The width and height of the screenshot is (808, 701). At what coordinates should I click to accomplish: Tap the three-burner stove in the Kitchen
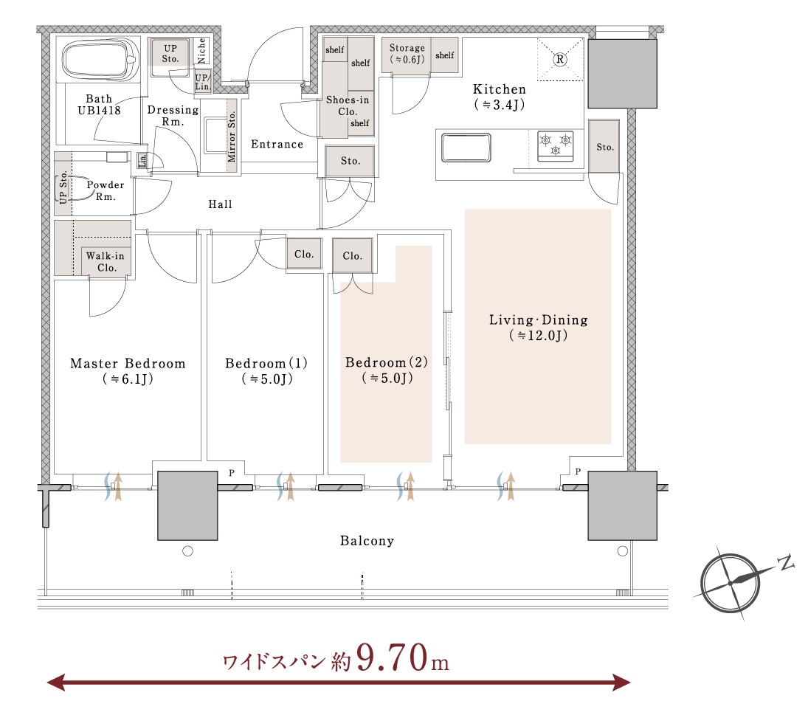click(x=555, y=144)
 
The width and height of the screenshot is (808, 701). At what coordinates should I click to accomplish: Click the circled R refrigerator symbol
click(x=559, y=59)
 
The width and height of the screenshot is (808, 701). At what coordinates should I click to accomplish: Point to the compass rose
click(x=731, y=582)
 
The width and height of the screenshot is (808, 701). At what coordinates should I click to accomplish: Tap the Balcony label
click(x=367, y=541)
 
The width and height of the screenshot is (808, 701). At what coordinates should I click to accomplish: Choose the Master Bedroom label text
click(x=128, y=364)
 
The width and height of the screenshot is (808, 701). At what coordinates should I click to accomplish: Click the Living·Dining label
click(x=539, y=320)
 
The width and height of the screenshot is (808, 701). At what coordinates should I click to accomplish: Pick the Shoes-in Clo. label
click(x=348, y=106)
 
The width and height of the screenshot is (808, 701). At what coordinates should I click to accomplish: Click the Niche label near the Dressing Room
click(x=202, y=51)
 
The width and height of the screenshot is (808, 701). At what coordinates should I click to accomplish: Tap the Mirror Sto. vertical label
click(x=231, y=137)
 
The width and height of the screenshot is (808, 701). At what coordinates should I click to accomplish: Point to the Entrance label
click(x=277, y=144)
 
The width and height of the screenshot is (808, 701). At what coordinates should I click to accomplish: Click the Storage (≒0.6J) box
click(x=407, y=54)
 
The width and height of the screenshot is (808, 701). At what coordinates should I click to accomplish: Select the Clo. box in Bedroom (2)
click(x=353, y=256)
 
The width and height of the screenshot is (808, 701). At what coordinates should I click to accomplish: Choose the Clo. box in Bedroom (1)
click(x=304, y=255)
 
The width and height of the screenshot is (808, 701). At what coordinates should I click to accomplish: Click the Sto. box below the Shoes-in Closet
click(x=351, y=161)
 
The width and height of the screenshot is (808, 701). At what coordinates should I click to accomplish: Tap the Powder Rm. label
click(x=106, y=190)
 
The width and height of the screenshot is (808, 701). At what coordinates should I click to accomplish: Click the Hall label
click(x=220, y=204)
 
